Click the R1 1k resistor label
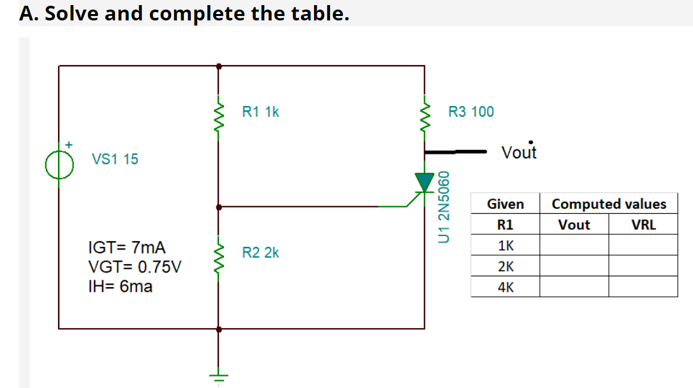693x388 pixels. click(260, 112)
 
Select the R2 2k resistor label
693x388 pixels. click(260, 253)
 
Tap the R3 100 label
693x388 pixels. click(471, 112)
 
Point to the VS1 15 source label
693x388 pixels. click(115, 159)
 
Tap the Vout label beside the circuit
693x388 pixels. click(519, 153)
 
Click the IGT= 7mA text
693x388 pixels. click(126, 247)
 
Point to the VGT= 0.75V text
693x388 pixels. click(133, 267)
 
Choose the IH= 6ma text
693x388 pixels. click(119, 287)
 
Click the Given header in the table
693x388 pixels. click(505, 204)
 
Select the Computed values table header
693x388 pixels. click(609, 204)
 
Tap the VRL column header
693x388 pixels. click(643, 225)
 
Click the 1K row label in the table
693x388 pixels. click(505, 246)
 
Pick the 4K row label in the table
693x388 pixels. click(505, 287)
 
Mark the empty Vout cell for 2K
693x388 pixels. click(574, 266)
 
